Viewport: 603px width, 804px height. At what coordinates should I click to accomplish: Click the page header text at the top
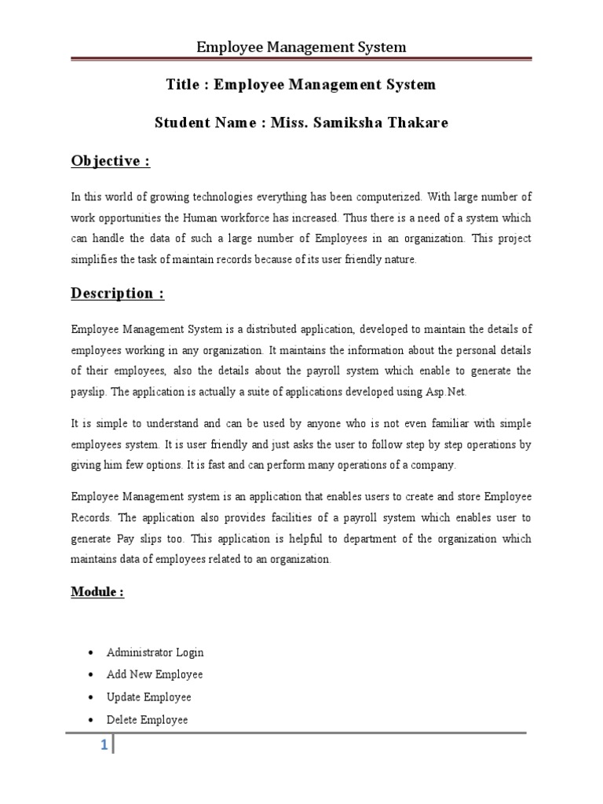point(301,47)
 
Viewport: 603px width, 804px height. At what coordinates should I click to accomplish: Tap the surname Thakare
point(415,123)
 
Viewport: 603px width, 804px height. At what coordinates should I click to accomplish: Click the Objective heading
point(110,161)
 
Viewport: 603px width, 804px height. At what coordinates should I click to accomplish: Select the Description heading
point(118,293)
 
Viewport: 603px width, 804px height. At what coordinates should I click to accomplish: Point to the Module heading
point(97,591)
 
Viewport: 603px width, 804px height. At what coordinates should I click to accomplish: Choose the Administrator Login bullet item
point(155,652)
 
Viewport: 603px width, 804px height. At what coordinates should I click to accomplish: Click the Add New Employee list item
point(154,674)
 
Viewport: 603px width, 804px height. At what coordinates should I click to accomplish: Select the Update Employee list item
point(148,697)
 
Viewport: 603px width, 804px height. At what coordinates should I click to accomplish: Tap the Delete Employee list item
point(147,719)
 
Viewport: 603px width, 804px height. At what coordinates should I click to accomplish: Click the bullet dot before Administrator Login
point(93,653)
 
